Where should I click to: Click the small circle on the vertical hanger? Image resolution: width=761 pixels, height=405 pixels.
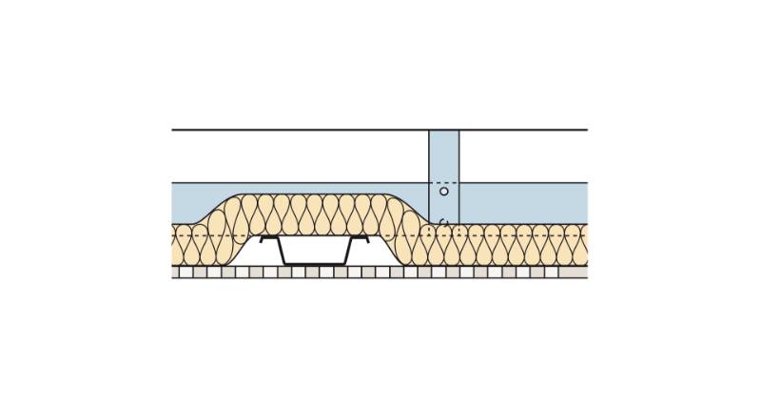click(443, 192)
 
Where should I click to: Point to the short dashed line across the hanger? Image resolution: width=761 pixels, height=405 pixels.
click(443, 182)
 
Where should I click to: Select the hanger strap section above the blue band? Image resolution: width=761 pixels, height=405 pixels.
click(443, 154)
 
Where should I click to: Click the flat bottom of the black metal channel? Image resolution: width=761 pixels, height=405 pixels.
click(315, 263)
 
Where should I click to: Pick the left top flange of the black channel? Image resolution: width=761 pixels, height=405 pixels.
click(268, 238)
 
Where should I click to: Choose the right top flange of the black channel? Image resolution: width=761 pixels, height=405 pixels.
click(361, 238)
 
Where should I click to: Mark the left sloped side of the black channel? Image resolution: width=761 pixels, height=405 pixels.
click(282, 251)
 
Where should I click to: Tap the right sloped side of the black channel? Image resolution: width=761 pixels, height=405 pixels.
click(349, 251)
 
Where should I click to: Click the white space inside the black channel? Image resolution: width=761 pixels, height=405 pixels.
click(315, 250)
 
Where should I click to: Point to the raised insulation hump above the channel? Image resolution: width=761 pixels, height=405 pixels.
click(314, 214)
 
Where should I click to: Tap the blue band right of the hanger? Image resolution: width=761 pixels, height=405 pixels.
click(523, 202)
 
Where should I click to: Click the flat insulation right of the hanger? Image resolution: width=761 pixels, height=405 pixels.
click(523, 246)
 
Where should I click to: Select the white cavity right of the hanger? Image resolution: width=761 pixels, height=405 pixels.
click(523, 155)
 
